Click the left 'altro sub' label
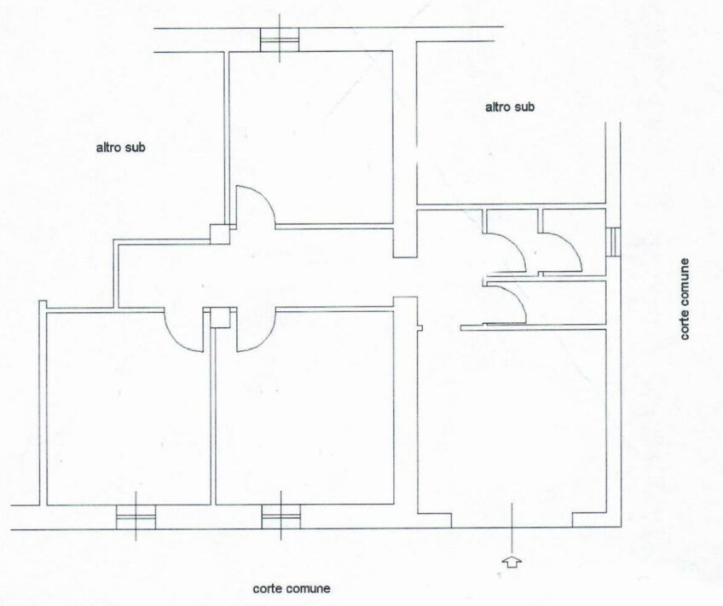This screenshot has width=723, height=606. [x=120, y=147]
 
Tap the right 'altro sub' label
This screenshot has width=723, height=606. [x=510, y=107]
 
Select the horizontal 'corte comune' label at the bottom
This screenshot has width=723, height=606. [x=292, y=588]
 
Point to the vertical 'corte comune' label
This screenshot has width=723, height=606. [x=685, y=298]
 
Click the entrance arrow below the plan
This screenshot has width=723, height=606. [x=512, y=563]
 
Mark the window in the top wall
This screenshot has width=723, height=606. [x=280, y=39]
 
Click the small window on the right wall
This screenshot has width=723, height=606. [x=613, y=242]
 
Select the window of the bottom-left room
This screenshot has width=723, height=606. [x=136, y=517]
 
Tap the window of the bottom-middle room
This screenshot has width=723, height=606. [x=281, y=517]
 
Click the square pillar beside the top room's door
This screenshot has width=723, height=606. [x=219, y=234]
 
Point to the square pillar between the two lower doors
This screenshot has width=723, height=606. [x=220, y=318]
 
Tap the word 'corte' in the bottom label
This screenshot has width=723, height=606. [x=267, y=588]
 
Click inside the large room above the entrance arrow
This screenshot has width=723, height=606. [x=512, y=415]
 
